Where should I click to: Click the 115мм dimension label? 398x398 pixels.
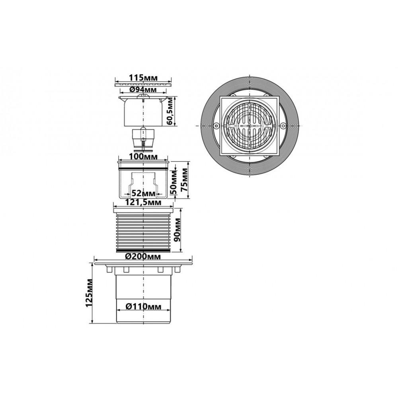pyautogui.click(x=143, y=78)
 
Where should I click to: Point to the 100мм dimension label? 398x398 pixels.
pyautogui.click(x=143, y=156)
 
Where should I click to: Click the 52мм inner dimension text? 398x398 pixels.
pyautogui.click(x=143, y=193)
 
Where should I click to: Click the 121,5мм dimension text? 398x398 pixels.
pyautogui.click(x=143, y=203)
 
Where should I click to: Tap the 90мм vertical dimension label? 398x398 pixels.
pyautogui.click(x=177, y=230)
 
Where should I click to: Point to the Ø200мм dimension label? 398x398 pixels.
pyautogui.click(x=143, y=257)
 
